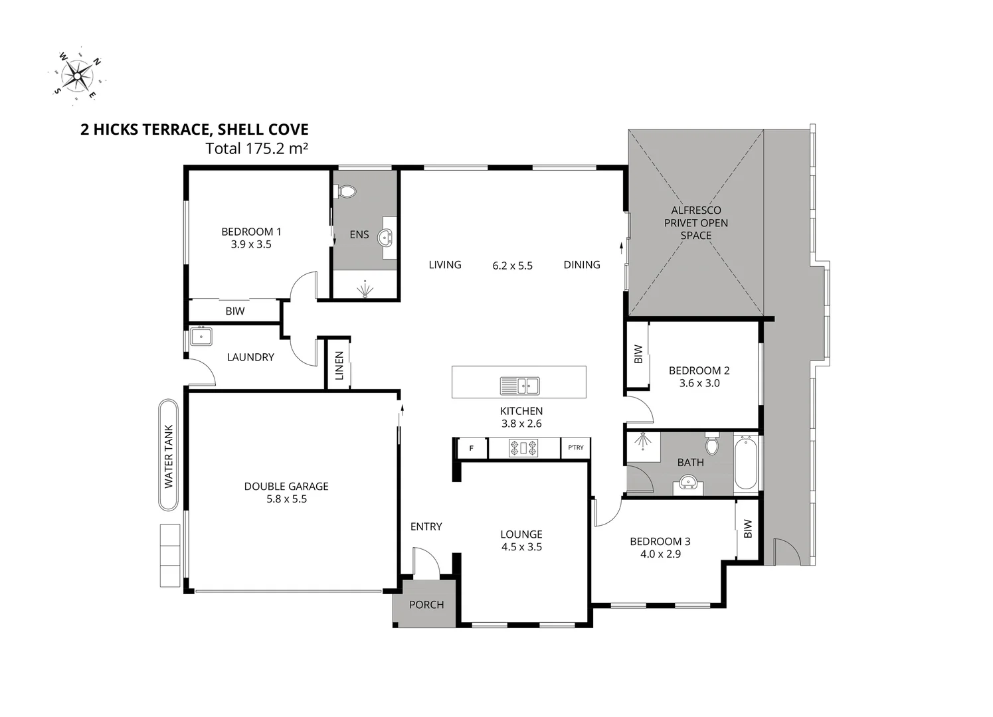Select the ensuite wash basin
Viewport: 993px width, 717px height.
click(x=386, y=237)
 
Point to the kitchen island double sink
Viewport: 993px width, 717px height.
click(x=519, y=384)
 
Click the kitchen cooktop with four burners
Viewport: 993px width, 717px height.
click(x=523, y=448)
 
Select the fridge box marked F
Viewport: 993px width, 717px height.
click(x=472, y=448)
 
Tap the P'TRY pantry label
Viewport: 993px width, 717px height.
click(x=575, y=447)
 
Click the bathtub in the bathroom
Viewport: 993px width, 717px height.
click(x=746, y=462)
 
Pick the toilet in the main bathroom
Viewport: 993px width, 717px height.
click(x=711, y=443)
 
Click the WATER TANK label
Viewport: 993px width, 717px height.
click(x=169, y=456)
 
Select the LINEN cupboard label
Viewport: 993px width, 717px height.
click(x=339, y=365)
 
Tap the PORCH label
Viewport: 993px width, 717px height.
click(x=426, y=604)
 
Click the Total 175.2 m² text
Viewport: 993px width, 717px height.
click(x=256, y=148)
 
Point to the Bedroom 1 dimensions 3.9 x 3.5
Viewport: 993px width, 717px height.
click(x=251, y=244)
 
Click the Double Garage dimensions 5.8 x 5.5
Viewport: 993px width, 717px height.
click(x=286, y=499)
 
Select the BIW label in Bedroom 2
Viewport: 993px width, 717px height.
click(x=638, y=355)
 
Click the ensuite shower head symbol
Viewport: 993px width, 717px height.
click(x=365, y=290)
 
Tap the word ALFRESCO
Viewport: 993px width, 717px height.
click(x=695, y=210)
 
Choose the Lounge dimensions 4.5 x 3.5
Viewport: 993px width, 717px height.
click(x=521, y=547)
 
